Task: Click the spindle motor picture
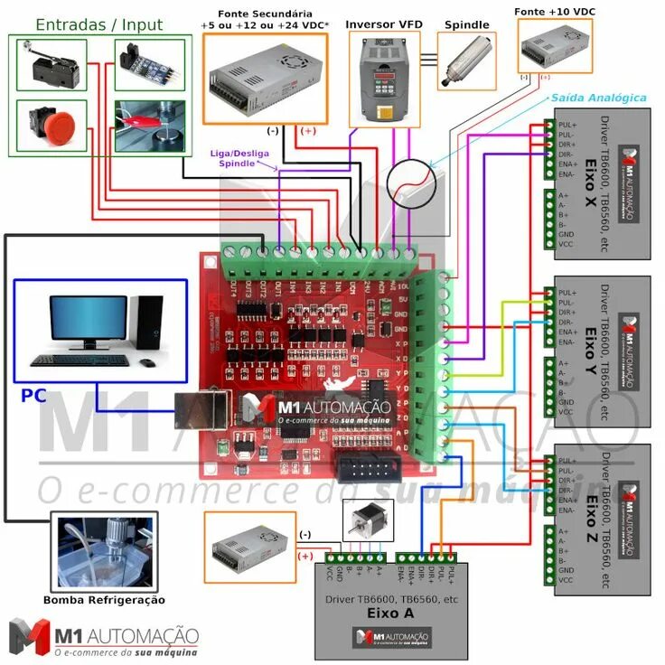(466, 62)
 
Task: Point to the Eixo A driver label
(390, 613)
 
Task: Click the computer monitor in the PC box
(88, 321)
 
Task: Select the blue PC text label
(33, 396)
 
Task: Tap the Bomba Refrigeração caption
(104, 600)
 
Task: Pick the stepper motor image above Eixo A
(362, 522)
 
